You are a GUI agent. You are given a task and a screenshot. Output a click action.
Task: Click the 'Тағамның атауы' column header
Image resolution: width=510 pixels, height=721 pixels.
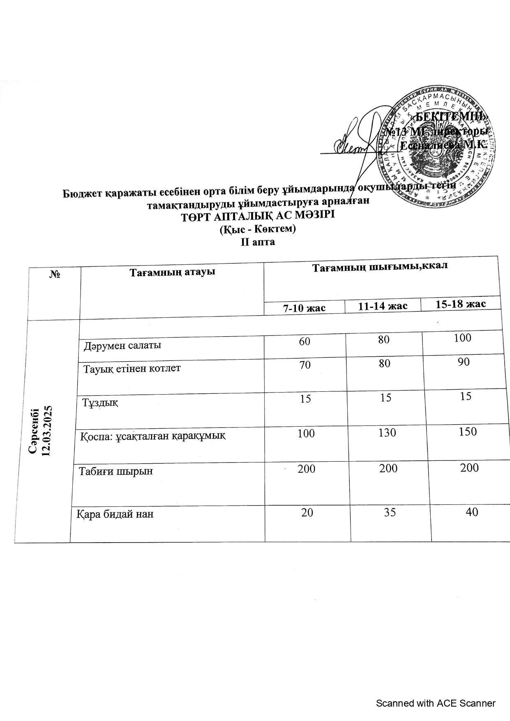point(173,272)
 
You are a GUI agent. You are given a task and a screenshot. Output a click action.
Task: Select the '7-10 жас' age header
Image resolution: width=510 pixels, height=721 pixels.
point(305,308)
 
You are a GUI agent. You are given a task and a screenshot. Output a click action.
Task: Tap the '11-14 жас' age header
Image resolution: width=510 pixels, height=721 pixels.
point(383,306)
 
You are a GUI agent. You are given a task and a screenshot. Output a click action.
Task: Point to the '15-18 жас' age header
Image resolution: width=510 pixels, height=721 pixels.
point(461,304)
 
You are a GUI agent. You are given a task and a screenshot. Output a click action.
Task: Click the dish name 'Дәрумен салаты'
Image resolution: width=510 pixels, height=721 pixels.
point(122,345)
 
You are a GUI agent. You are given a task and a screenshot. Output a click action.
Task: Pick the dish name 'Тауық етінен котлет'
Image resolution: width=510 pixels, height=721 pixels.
point(132,368)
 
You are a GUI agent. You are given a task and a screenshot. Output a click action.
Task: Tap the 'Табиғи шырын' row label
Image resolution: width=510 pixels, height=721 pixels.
point(116,471)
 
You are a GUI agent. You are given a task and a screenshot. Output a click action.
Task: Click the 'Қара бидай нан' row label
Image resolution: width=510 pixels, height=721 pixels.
point(115,514)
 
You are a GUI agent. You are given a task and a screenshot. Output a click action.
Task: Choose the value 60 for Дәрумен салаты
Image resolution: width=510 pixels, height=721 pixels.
point(305,342)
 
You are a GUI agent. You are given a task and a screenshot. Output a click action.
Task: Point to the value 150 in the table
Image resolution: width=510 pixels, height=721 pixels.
point(468,431)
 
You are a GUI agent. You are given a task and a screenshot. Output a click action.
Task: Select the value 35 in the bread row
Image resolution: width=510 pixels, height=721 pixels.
point(390,512)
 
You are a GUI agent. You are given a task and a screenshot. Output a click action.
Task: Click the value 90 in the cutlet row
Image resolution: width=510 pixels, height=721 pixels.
point(464,362)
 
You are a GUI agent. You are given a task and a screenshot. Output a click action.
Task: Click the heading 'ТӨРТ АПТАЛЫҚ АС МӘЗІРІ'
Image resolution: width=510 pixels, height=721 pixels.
point(258,215)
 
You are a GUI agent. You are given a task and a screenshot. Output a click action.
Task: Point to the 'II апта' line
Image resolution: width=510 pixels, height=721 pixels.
point(258,242)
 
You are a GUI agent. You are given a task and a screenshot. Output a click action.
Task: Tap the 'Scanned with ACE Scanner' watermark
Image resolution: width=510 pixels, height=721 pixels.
point(436,703)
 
